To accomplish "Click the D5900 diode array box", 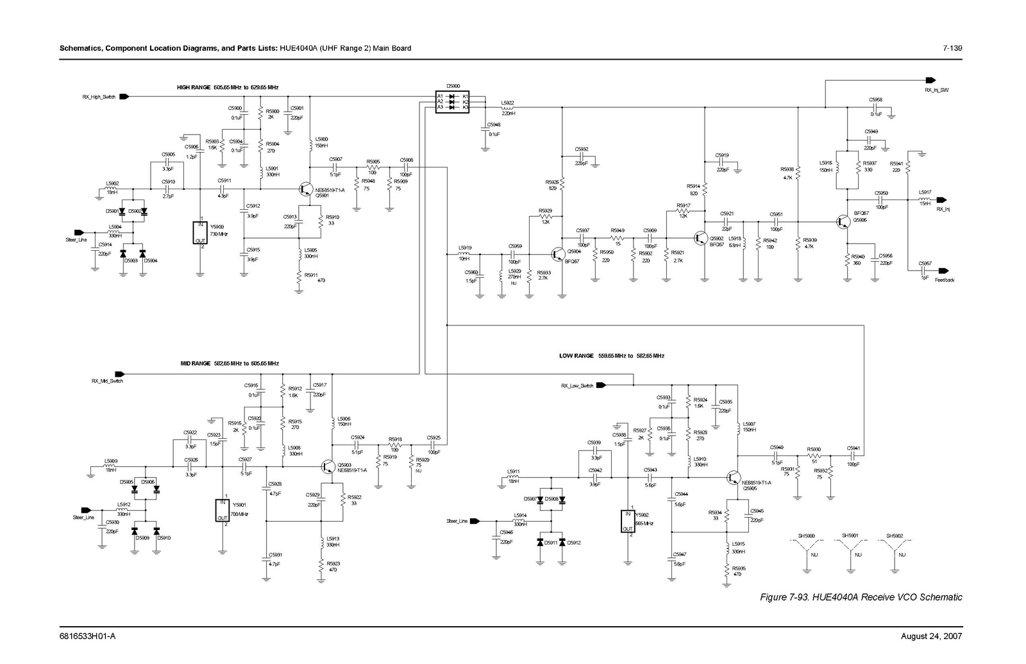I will pos(452,102).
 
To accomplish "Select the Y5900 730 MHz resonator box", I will pos(201,233).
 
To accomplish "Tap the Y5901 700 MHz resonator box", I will pos(222,510).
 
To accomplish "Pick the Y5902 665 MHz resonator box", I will pos(628,521).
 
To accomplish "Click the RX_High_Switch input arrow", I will pos(124,97).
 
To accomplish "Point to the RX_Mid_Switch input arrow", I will pos(120,374).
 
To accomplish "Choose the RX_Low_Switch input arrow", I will pos(601,386).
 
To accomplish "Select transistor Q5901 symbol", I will pos(307,189).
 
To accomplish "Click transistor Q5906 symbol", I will pos(843,221).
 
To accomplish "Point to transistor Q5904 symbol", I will pos(559,253).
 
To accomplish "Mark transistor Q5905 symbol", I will pos(733,477).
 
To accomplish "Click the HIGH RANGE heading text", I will pos(228,87).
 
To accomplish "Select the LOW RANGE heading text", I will pos(611,355).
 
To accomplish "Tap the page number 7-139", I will pos(952,49).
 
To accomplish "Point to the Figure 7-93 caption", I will pos(861,597).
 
